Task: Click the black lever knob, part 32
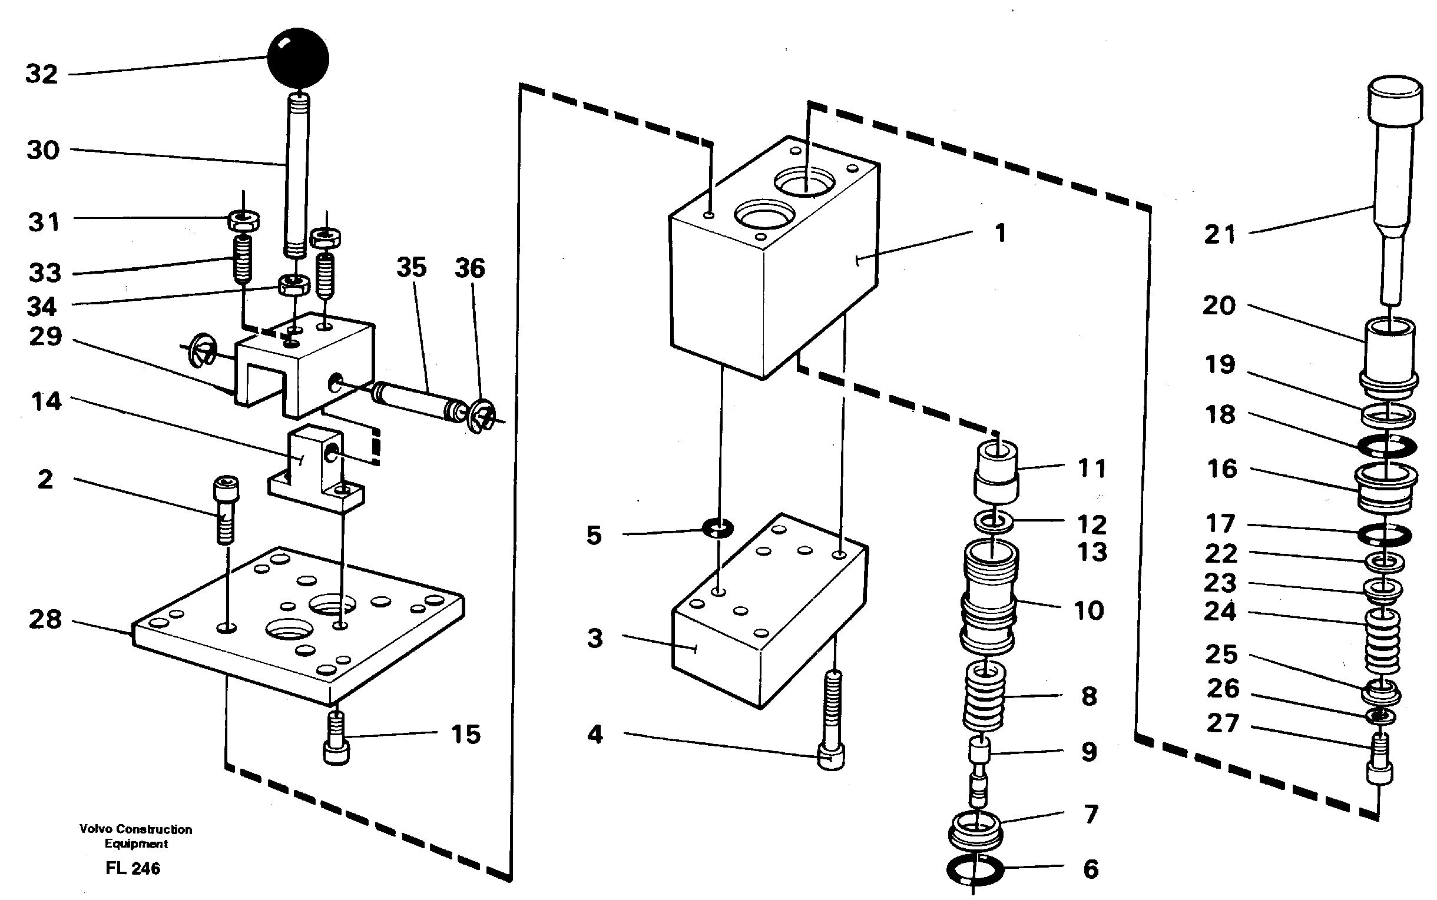click(x=298, y=58)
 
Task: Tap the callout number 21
click(x=1220, y=234)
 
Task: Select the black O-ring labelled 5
click(x=717, y=527)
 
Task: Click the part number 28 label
click(x=45, y=620)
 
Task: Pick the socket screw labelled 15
click(x=336, y=739)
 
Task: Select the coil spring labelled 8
click(x=984, y=696)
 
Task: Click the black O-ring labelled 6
click(x=975, y=871)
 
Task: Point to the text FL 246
click(x=133, y=868)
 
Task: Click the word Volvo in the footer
click(x=95, y=829)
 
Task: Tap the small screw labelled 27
click(x=1379, y=759)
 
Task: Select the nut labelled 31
click(x=243, y=221)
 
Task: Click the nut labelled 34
click(x=293, y=285)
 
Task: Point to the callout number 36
click(x=470, y=268)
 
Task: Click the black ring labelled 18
click(x=1388, y=446)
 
